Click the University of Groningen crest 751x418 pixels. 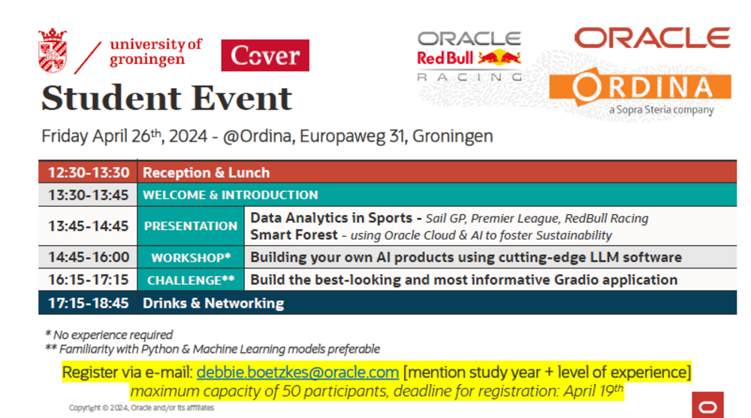[x=53, y=50]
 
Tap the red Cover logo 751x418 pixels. [x=265, y=55]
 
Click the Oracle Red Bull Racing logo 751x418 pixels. [x=469, y=56]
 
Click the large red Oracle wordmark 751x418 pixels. [x=653, y=38]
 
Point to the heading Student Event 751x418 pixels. [x=167, y=98]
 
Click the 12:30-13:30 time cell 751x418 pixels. [x=88, y=172]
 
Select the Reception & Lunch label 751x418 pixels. [x=206, y=173]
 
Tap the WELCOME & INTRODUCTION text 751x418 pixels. [x=231, y=195]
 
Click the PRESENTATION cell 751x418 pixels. [x=191, y=226]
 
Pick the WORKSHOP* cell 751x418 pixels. [x=191, y=257]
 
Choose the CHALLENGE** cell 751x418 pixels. [x=191, y=280]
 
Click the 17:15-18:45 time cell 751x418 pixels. [x=88, y=303]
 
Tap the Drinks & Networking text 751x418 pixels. [x=213, y=304]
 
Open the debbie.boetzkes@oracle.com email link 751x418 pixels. [x=297, y=372]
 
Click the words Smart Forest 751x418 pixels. [x=294, y=235]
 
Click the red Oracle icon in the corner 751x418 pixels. [x=707, y=405]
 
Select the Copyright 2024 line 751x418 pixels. [x=141, y=408]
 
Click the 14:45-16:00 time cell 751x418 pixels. [x=88, y=257]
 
